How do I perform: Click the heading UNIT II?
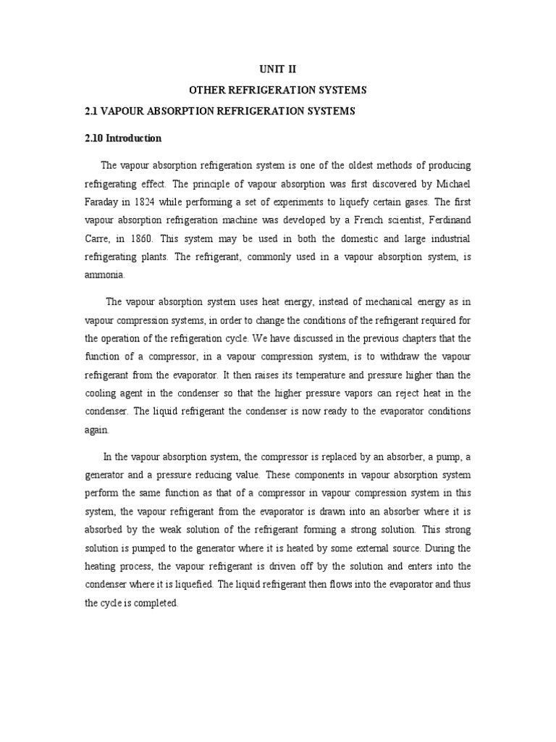(x=278, y=70)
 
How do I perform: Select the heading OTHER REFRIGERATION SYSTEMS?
(x=278, y=91)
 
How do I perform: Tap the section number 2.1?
(x=92, y=112)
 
